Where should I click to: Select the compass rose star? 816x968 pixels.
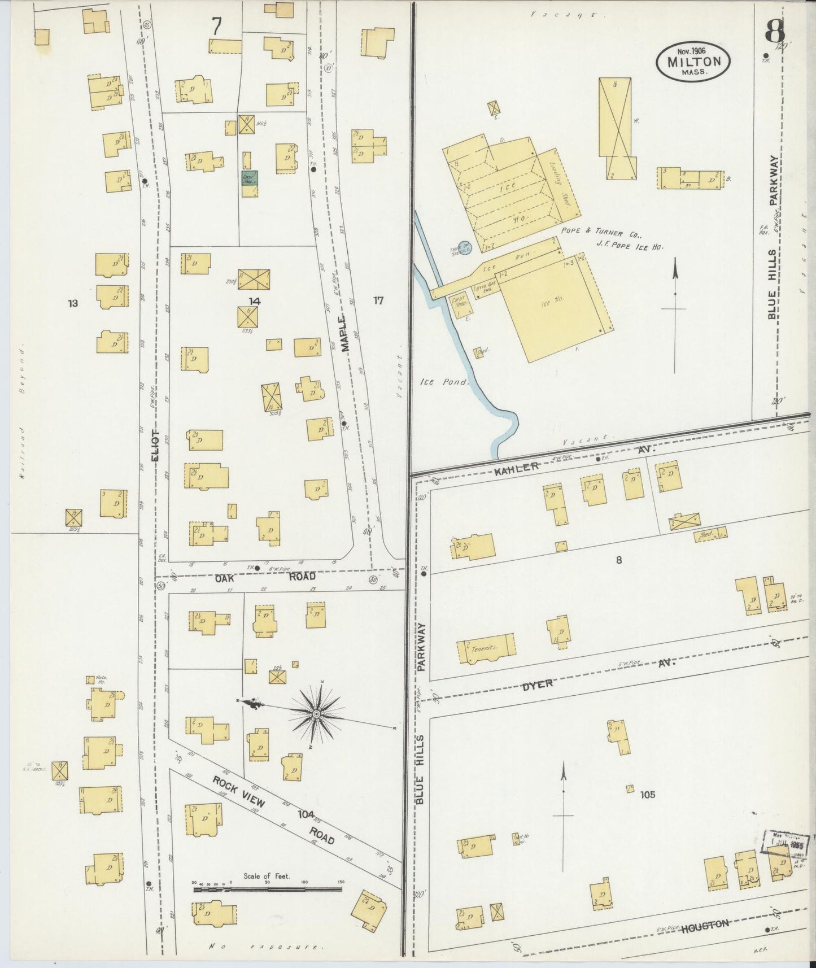pos(317,714)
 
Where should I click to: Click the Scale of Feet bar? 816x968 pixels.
pos(267,889)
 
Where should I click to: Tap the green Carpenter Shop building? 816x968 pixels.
pos(249,178)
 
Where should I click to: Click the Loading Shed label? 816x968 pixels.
pos(561,184)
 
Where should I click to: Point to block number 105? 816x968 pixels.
pos(647,795)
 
